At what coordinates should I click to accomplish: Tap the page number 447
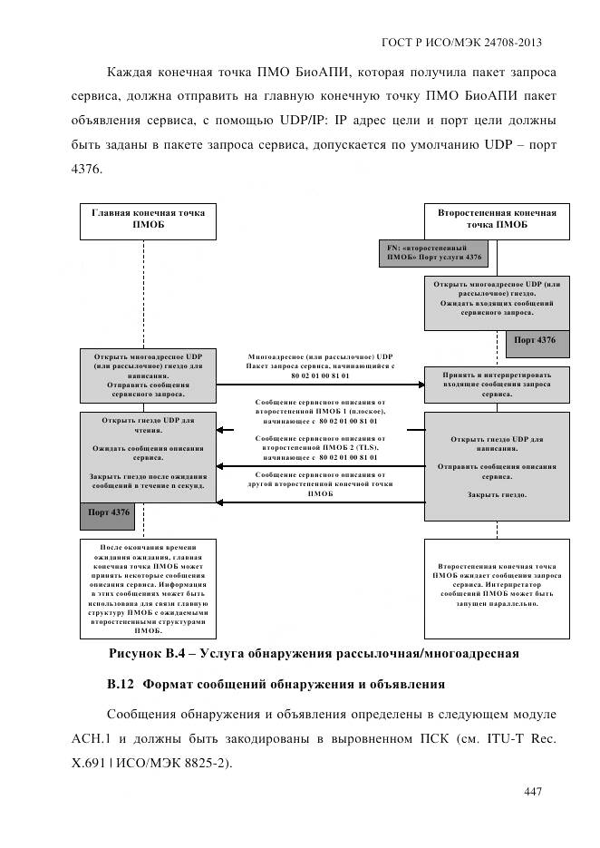[533, 792]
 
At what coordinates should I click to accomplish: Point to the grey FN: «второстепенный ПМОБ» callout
[432, 252]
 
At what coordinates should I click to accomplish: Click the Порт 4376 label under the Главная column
[109, 512]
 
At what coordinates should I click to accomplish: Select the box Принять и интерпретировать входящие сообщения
[496, 385]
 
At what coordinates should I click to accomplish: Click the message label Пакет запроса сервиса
[321, 366]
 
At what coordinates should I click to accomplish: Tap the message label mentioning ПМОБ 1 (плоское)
[321, 411]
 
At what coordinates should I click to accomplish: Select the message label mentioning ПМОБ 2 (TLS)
[321, 448]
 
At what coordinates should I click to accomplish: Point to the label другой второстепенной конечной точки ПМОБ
[321, 484]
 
